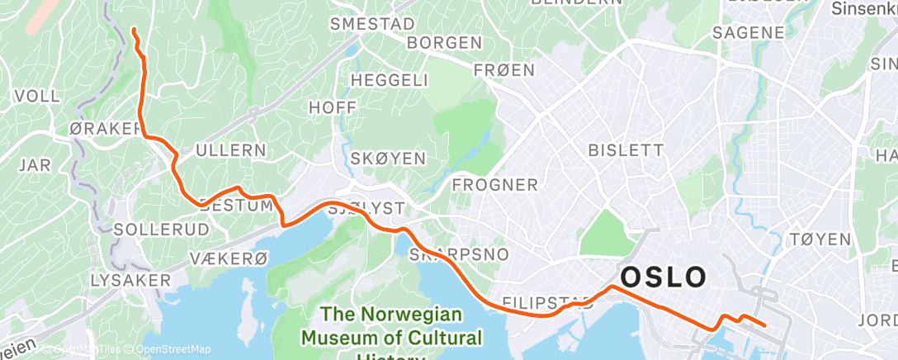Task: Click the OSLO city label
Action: [x=664, y=277]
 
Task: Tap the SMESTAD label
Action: [x=371, y=24]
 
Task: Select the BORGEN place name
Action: [x=445, y=42]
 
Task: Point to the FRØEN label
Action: [x=504, y=71]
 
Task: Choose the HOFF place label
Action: [x=333, y=108]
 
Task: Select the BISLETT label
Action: [x=625, y=150]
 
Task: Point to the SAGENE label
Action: [x=748, y=33]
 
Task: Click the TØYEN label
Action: [x=820, y=239]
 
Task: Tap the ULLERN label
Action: [x=230, y=151]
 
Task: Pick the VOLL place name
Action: [x=37, y=97]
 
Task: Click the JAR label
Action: [x=34, y=165]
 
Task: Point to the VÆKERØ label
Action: [x=229, y=258]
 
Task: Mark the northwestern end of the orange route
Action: [x=134, y=31]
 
